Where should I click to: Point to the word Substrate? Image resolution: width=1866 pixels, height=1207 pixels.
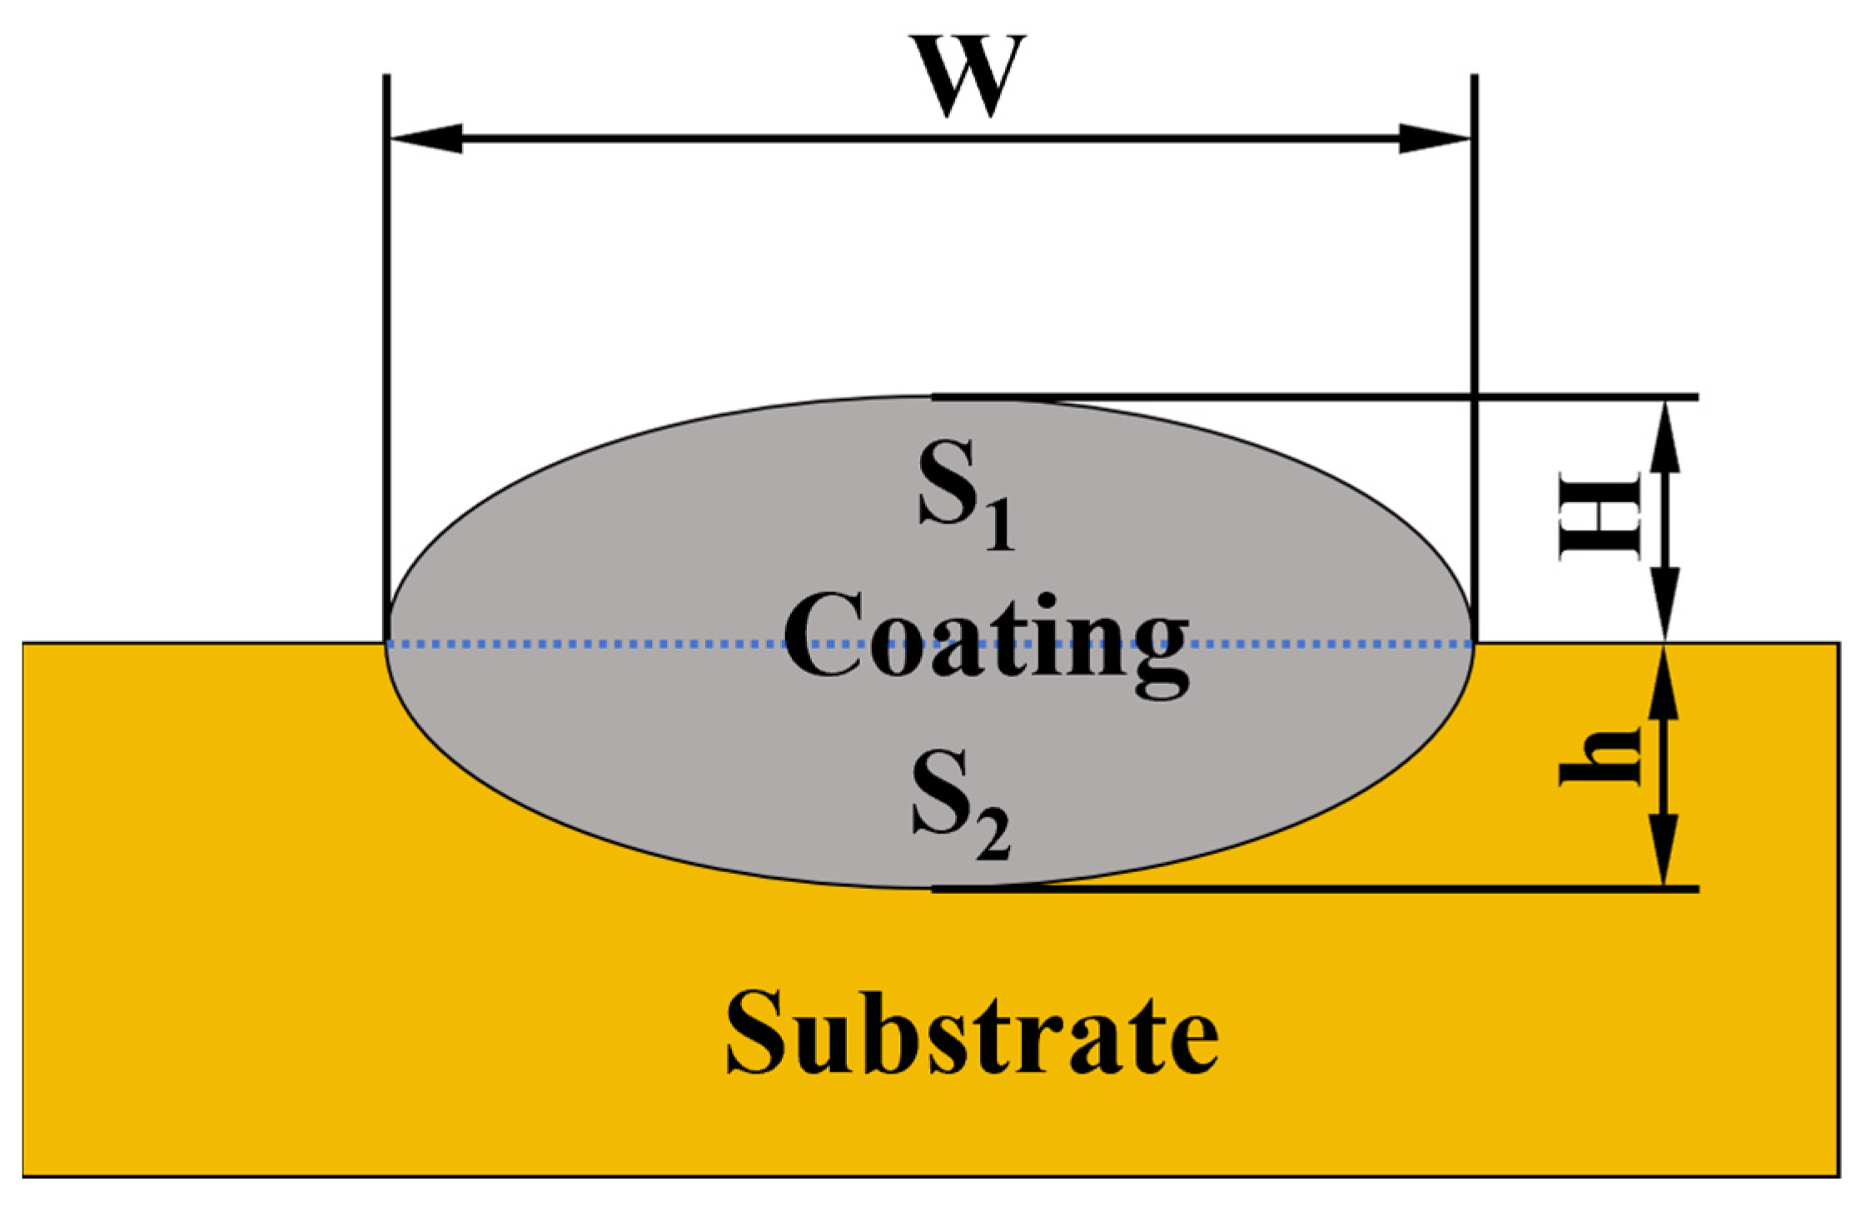pyautogui.click(x=972, y=1034)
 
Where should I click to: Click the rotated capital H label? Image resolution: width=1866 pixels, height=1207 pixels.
pyautogui.click(x=1599, y=516)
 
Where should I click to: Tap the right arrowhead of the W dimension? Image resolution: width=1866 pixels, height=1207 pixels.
pyautogui.click(x=1434, y=138)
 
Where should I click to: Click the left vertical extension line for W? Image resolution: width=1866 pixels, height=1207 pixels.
pyautogui.click(x=386, y=333)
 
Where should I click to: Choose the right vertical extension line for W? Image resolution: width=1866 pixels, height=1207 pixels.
pyautogui.click(x=1475, y=333)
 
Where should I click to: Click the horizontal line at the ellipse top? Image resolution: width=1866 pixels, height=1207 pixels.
pyautogui.click(x=1332, y=397)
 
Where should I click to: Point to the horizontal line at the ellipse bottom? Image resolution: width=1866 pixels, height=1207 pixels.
pyautogui.click(x=1332, y=890)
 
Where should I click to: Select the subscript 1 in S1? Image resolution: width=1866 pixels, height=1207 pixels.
pyautogui.click(x=998, y=526)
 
